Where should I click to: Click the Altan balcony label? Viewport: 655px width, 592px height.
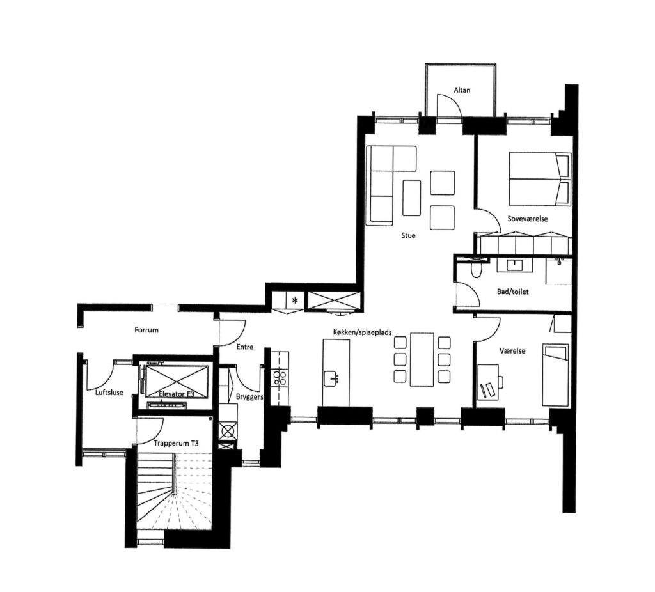click(462, 90)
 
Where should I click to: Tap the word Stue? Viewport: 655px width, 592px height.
click(408, 235)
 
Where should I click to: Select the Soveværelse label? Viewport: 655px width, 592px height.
click(528, 219)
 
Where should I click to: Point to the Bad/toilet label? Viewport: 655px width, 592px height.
click(512, 292)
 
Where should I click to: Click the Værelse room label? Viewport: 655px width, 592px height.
click(512, 351)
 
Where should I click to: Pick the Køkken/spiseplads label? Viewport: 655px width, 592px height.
click(363, 332)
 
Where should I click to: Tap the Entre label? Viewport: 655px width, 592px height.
click(245, 347)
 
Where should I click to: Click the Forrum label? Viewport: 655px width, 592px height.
click(146, 330)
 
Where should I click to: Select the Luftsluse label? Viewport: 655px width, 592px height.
click(109, 393)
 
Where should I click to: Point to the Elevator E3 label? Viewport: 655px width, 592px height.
click(177, 394)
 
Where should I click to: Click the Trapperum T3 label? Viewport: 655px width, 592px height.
click(176, 444)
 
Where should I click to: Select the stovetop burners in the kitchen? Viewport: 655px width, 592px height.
click(280, 378)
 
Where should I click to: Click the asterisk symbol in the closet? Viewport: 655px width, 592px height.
click(296, 300)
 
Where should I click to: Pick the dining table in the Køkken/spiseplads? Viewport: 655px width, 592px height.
click(422, 359)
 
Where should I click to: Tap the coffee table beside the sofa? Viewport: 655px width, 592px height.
click(411, 198)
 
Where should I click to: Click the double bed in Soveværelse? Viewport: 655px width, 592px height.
click(540, 179)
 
